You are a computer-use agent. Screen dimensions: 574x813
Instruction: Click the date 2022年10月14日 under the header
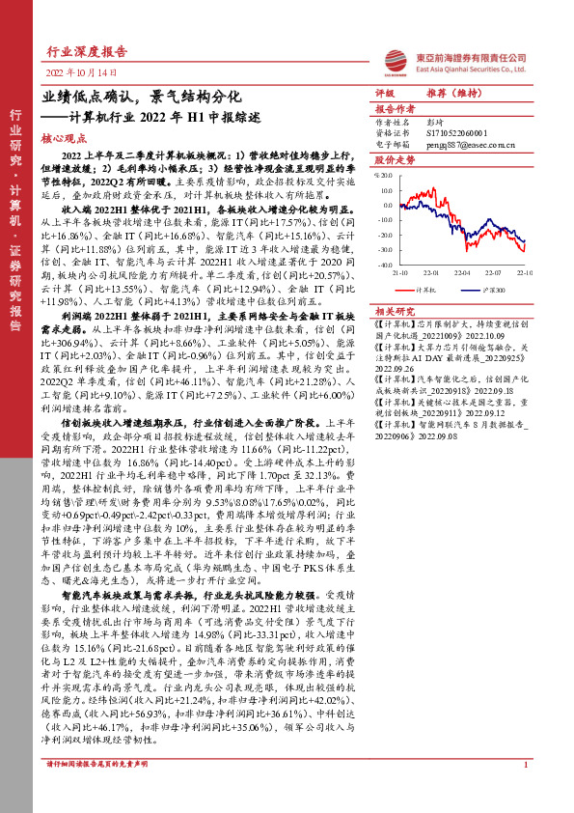[81, 73]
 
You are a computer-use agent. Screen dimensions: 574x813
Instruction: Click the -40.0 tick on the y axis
[382, 263]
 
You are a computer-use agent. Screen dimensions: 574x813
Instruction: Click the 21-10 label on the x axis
[398, 271]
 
